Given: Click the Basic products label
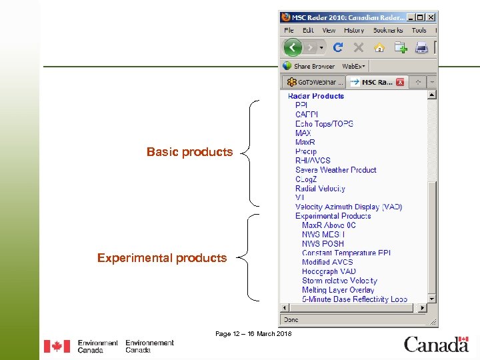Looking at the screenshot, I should [189, 152].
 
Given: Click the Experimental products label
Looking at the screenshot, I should [162, 258].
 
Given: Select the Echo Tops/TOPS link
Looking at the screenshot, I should [324, 124].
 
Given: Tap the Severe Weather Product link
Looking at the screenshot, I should [336, 170].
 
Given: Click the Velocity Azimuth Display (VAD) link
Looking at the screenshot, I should [349, 207].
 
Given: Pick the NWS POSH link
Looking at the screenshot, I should [323, 244].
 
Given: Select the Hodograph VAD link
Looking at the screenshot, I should [329, 271].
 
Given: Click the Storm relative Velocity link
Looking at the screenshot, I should [339, 281].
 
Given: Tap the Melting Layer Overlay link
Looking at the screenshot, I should [338, 290].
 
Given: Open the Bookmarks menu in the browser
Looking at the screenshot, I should [389, 30].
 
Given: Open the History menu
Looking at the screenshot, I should [354, 30].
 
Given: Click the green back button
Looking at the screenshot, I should [292, 47].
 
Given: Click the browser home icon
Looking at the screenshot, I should [379, 47].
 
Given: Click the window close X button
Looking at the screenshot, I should [431, 17].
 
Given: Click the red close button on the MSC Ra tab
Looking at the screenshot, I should [400, 82].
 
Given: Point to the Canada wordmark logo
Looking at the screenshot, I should [436, 344].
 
